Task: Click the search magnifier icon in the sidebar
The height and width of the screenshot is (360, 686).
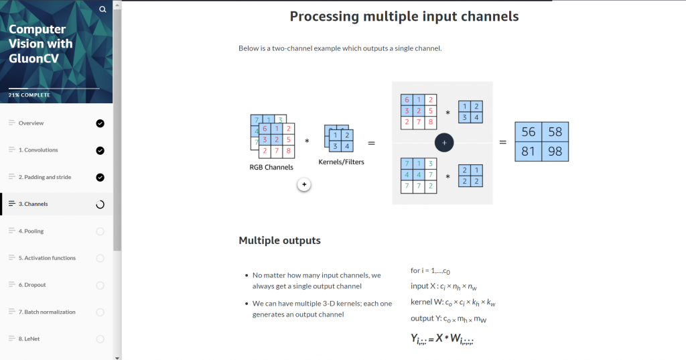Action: (x=102, y=9)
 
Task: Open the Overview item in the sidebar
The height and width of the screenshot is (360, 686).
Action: (x=31, y=123)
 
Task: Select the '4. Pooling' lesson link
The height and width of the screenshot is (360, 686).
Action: (x=31, y=231)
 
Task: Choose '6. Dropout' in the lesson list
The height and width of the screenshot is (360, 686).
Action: (x=32, y=285)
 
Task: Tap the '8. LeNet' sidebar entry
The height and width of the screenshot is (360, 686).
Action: (x=29, y=339)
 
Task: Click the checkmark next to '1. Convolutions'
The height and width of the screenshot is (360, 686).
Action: (x=100, y=151)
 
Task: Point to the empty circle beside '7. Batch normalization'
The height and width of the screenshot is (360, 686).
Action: (x=100, y=312)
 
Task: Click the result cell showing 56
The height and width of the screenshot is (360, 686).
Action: (x=528, y=132)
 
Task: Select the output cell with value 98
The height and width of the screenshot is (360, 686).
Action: (x=555, y=152)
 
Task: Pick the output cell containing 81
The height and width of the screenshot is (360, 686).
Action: (x=528, y=152)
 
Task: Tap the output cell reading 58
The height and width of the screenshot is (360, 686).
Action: (x=555, y=132)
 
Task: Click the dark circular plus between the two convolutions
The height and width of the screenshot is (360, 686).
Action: (x=444, y=143)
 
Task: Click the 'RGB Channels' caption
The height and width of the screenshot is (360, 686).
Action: (x=271, y=168)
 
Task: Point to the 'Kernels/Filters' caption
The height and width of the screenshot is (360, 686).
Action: (x=341, y=162)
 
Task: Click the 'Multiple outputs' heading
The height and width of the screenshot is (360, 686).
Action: (x=279, y=241)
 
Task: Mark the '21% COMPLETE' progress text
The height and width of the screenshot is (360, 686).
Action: (x=29, y=95)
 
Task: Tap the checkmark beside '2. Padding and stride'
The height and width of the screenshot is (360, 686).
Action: (x=100, y=178)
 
